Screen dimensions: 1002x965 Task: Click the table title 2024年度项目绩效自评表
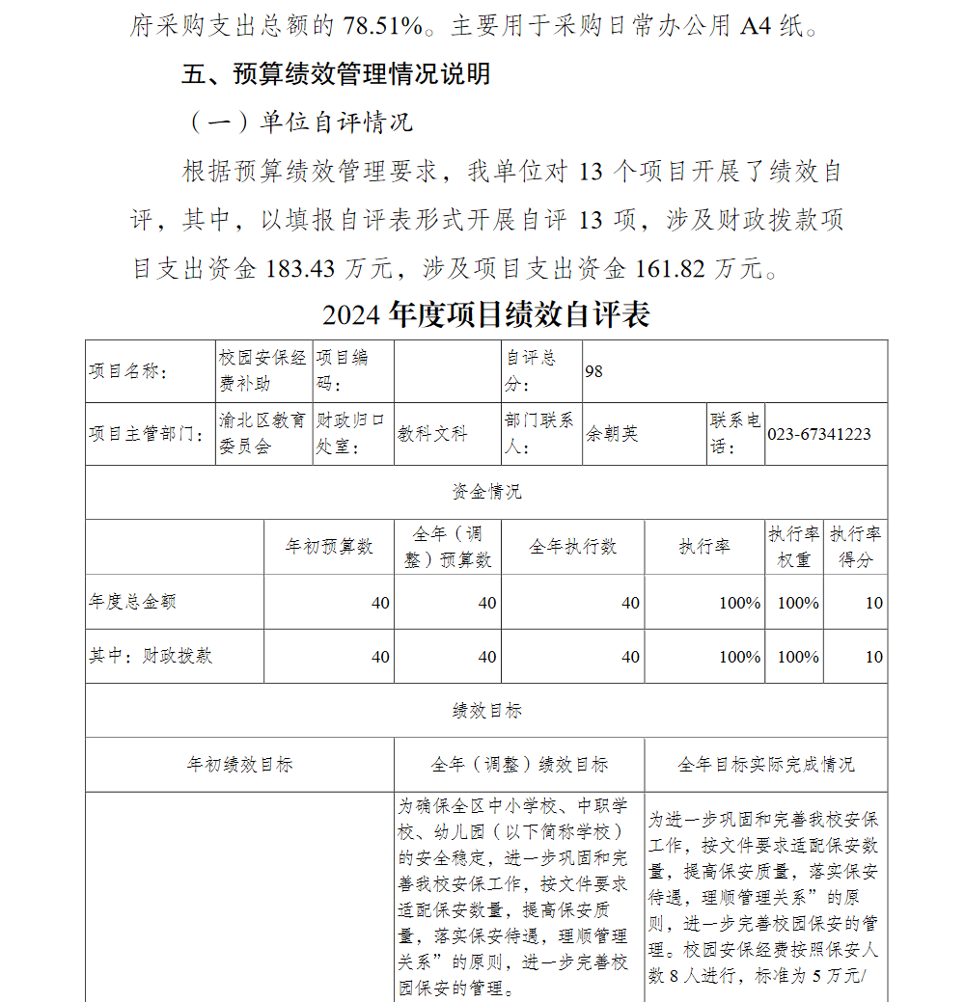486,314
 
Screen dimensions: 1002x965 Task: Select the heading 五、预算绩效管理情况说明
336,74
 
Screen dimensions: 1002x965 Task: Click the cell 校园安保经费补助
262,370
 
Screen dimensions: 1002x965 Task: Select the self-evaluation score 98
593,371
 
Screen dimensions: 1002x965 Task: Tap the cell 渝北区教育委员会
262,434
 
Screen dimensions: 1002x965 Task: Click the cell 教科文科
432,434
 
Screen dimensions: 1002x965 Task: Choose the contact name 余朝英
612,434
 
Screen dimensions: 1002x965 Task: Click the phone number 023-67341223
819,434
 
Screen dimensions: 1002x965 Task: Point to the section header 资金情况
486,492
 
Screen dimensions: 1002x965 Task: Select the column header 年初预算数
328,547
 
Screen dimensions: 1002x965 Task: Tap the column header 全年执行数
572,547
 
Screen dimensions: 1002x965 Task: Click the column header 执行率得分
856,547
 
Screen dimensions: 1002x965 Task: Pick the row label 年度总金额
133,602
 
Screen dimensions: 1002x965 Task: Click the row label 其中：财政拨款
151,656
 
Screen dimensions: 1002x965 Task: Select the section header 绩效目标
486,711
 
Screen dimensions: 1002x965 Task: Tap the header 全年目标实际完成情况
765,765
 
